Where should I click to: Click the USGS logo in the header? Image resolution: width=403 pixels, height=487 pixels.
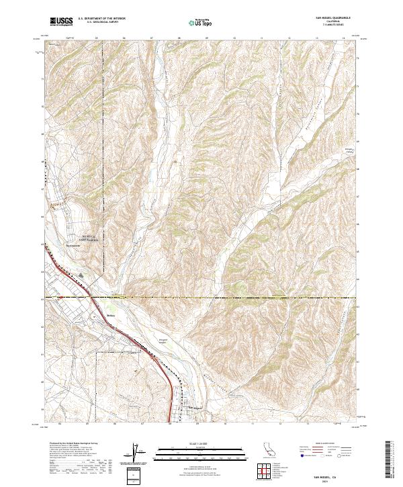(61, 22)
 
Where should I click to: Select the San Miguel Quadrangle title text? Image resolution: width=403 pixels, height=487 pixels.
(332, 17)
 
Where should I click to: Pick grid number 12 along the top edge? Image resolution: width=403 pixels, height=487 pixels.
(289, 38)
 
